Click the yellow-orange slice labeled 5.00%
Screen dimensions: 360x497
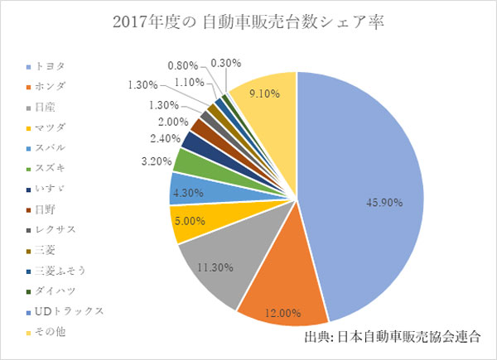[x=190, y=221]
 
